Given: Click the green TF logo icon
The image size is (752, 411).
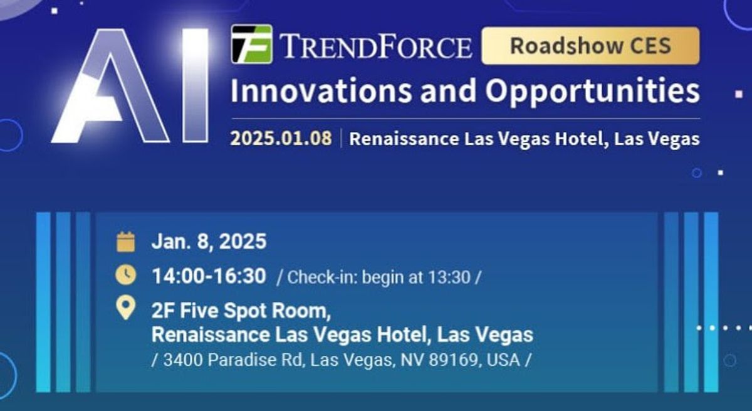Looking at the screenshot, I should (x=251, y=44).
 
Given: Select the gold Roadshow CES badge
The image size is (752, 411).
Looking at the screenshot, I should (x=590, y=45).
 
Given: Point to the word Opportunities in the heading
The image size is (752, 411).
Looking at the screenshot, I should (x=592, y=91).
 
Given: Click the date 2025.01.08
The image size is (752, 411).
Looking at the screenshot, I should (x=281, y=138).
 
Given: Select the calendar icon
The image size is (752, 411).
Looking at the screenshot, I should (x=126, y=242).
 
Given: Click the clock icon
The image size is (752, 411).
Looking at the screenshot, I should (x=126, y=274).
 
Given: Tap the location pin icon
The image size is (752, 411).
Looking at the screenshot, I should (x=126, y=308).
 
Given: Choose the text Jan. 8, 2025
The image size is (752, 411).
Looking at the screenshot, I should (x=209, y=242).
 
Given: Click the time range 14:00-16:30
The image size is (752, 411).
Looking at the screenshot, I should (x=209, y=275).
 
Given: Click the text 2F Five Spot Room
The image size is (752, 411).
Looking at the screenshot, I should (x=241, y=311).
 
